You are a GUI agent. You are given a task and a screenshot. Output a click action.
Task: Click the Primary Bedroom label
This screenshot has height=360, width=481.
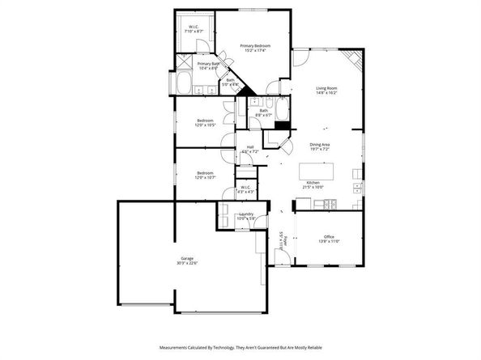[x=254, y=46]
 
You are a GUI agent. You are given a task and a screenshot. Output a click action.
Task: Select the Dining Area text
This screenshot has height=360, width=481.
[x=320, y=145]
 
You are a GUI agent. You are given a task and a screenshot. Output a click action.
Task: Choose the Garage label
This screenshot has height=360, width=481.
[x=187, y=258]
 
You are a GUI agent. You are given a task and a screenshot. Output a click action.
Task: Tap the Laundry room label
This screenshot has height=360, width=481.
[x=246, y=214]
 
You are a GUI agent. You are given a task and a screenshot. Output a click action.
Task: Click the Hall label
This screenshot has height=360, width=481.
[x=250, y=146]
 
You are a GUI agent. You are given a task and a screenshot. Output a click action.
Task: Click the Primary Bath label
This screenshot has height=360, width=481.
[x=209, y=63]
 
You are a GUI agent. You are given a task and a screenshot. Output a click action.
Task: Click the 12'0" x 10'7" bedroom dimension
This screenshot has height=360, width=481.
[x=204, y=176]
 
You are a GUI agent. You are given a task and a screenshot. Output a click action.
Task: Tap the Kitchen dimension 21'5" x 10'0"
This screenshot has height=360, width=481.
[x=313, y=187]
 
